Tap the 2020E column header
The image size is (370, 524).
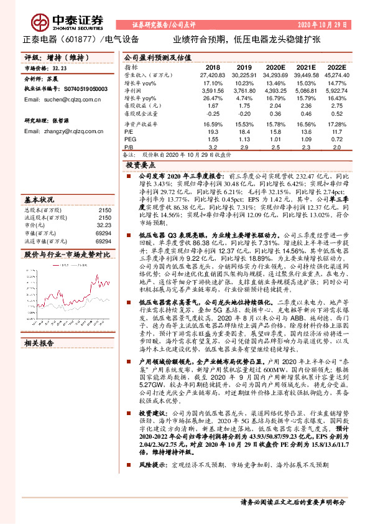[277, 67]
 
